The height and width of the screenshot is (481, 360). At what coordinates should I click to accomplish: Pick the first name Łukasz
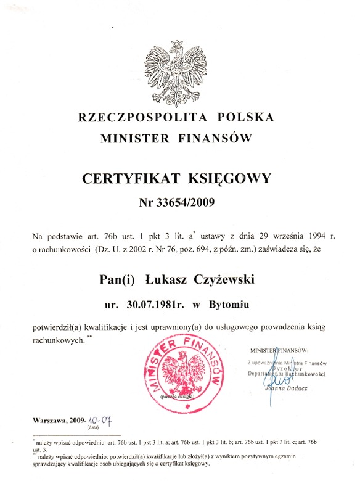click(x=169, y=280)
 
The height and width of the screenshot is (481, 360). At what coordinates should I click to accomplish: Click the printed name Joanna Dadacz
click(x=290, y=388)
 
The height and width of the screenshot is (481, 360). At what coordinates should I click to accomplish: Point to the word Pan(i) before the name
click(x=117, y=280)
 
